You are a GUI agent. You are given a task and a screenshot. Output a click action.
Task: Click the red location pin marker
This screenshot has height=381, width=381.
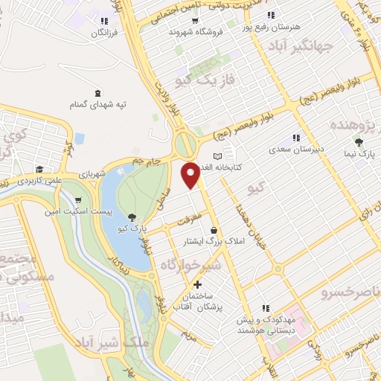coord(191,175)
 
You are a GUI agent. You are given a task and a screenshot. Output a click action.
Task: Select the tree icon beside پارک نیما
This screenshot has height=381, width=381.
coord(359,142)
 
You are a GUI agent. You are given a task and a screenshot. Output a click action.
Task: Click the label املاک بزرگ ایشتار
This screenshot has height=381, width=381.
coord(214,242)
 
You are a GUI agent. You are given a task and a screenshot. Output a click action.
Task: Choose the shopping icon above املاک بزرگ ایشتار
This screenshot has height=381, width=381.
coord(215,230)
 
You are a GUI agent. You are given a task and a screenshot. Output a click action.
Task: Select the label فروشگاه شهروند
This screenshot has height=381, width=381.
coord(192,32)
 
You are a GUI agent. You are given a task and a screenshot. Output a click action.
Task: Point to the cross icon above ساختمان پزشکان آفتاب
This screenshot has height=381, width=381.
coord(197,284)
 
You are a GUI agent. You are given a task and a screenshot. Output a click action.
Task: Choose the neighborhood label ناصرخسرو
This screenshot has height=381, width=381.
coord(350,291)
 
